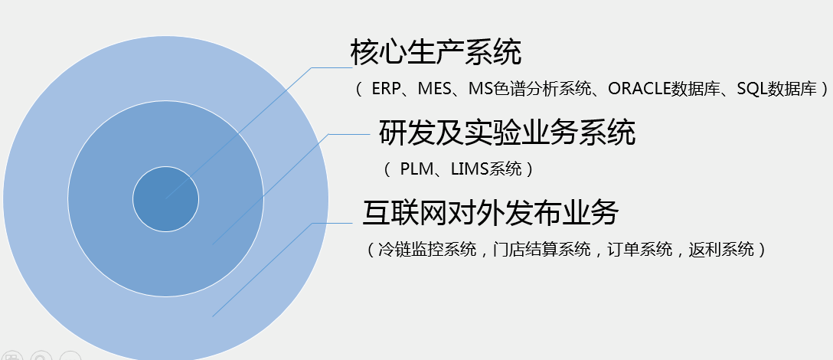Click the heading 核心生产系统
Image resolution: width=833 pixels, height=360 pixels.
(x=436, y=52)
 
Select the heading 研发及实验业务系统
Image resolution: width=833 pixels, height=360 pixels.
(x=508, y=133)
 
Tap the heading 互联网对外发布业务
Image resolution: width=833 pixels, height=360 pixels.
(x=491, y=213)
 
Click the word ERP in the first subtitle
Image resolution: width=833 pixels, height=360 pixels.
(x=385, y=88)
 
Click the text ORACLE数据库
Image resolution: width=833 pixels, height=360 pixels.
(x=664, y=88)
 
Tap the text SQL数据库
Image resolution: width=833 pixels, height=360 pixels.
(x=776, y=88)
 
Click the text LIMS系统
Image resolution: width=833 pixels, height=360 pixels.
(x=486, y=169)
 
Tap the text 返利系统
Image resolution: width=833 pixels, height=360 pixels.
(x=721, y=250)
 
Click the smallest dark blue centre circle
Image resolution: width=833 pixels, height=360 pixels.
(x=165, y=199)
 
